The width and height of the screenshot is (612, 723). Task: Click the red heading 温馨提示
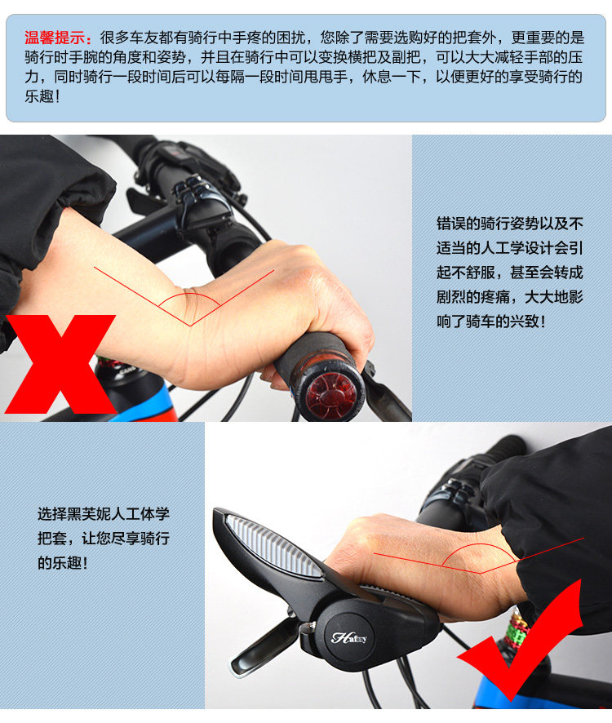[x=58, y=38]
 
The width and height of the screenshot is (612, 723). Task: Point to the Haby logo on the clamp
[x=349, y=637]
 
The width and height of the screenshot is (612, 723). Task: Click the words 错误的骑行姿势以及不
[x=510, y=224]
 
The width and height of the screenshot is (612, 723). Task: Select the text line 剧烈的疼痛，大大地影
[x=510, y=297]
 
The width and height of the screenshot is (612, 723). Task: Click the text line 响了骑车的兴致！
[x=491, y=322]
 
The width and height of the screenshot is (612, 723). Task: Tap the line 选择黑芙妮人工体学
[x=104, y=514]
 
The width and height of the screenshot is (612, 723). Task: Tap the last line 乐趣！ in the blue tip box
[x=42, y=96]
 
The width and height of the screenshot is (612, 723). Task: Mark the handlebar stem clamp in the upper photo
[x=200, y=196]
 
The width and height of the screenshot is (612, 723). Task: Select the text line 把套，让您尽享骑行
[x=104, y=539]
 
